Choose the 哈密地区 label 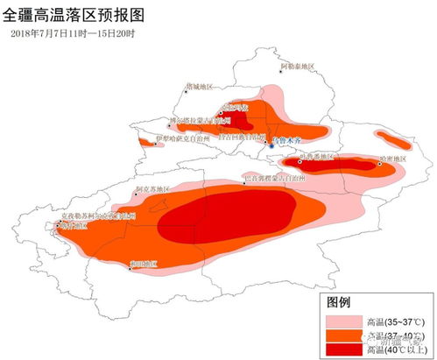point(392,159)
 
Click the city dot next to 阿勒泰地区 point(281,71)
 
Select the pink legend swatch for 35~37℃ point(344,318)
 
